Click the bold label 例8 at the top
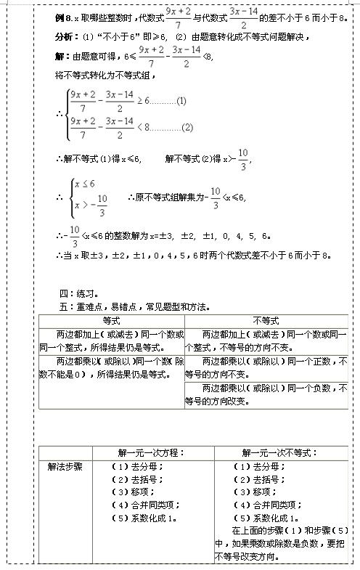(x=62, y=14)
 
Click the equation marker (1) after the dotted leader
(x=181, y=101)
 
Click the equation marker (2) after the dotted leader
(x=187, y=128)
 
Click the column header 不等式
(x=266, y=320)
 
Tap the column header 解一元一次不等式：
(x=280, y=452)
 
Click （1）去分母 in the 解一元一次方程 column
(x=136, y=466)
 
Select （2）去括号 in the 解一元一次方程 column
(x=136, y=479)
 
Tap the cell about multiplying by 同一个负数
(x=266, y=394)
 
